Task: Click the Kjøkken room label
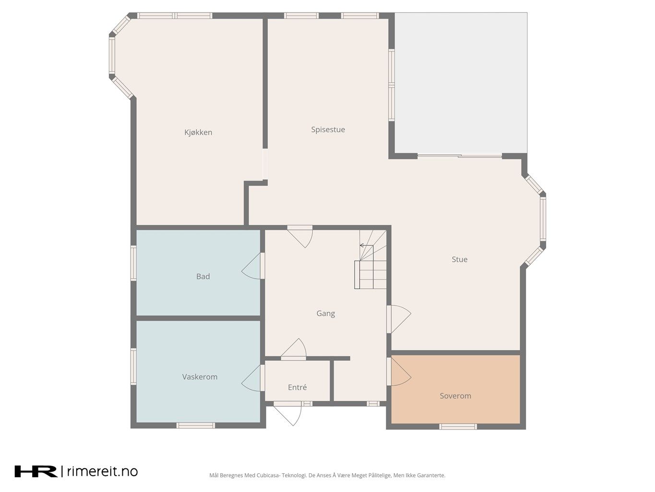coord(198,132)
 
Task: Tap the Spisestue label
coord(328,130)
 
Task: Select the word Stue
coord(460,259)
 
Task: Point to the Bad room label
coord(203,276)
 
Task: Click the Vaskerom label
coord(200,377)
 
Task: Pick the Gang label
coord(325,313)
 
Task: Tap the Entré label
coord(297,387)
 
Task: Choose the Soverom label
coord(455,396)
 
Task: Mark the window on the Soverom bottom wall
coord(458,427)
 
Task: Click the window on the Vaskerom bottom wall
coord(196,425)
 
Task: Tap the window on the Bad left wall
coord(134,263)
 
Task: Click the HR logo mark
coord(36,471)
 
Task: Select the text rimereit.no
coord(102,471)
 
